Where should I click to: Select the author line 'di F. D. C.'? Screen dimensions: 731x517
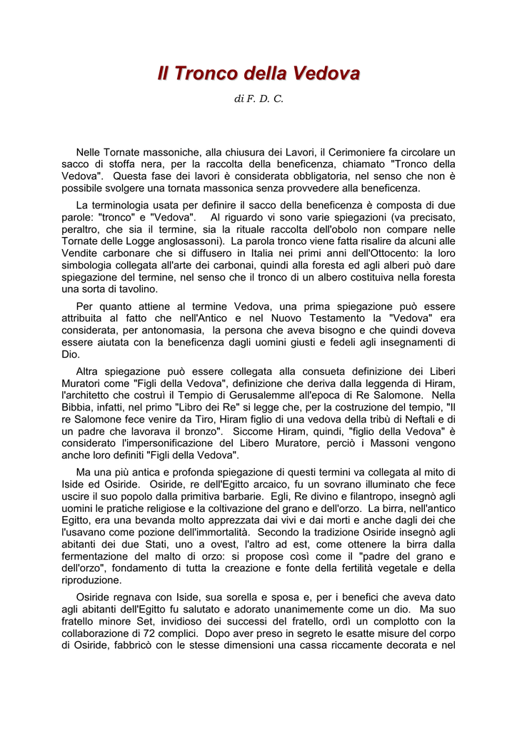tap(258, 99)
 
